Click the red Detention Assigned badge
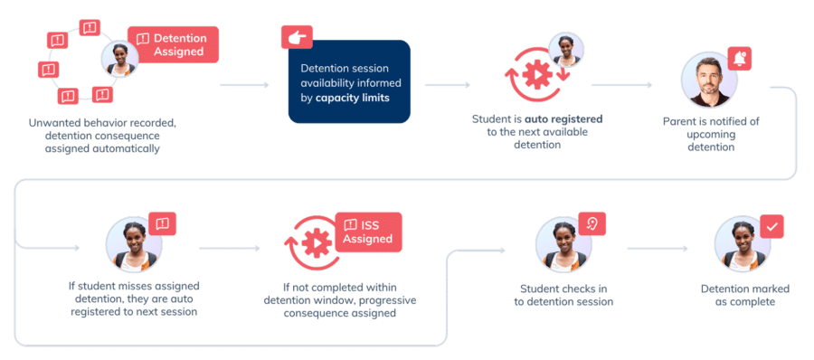pos(173,44)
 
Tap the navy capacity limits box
pos(349,81)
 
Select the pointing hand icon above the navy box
pos(297,37)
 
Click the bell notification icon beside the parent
pos(739,58)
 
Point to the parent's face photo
pos(708,80)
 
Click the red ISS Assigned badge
pos(368,232)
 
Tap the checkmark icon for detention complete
pos(772,226)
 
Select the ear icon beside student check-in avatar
pos(592,224)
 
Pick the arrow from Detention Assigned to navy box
pos(244,85)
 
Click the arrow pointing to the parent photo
pos(620,85)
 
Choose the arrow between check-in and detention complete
pos(658,249)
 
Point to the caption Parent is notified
pos(711,121)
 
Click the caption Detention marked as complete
pos(745,295)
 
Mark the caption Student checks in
pos(563,289)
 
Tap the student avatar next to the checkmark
pos(743,243)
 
